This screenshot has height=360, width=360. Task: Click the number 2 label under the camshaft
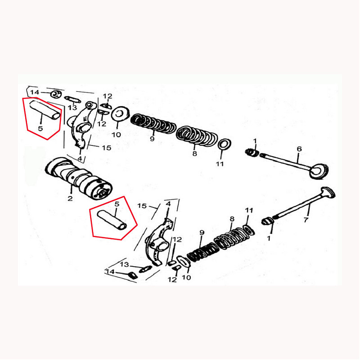(x=70, y=198)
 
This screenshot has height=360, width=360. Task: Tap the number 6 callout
(x=299, y=149)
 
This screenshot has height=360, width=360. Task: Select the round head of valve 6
(x=319, y=171)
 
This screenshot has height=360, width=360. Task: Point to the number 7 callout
(x=306, y=220)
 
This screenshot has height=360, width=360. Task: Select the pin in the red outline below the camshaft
(x=112, y=220)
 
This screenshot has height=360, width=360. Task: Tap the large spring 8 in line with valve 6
(x=197, y=136)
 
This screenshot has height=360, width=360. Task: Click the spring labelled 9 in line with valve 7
(x=202, y=252)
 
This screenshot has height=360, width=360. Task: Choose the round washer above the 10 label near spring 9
(x=120, y=113)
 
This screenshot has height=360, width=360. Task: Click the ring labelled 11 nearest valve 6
(x=224, y=144)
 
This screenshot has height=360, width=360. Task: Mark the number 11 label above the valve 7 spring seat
(x=249, y=210)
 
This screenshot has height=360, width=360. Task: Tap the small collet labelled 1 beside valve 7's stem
(x=267, y=221)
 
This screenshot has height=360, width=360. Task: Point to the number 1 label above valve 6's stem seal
(x=255, y=141)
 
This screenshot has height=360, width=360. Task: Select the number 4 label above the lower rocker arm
(x=168, y=204)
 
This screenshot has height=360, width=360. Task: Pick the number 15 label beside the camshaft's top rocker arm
(x=107, y=148)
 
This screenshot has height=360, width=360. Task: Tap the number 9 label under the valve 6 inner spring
(x=152, y=139)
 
